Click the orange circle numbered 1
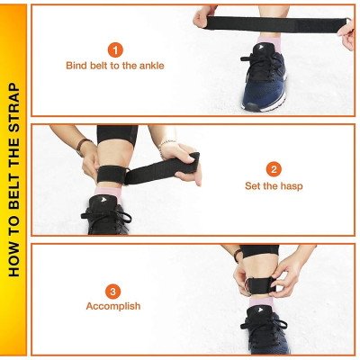pyautogui.click(x=115, y=49)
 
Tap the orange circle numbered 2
pyautogui.click(x=274, y=168)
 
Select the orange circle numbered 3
pyautogui.click(x=113, y=290)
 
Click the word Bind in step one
pyautogui.click(x=76, y=66)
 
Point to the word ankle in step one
pyautogui.click(x=150, y=66)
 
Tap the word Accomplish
pyautogui.click(x=113, y=307)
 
